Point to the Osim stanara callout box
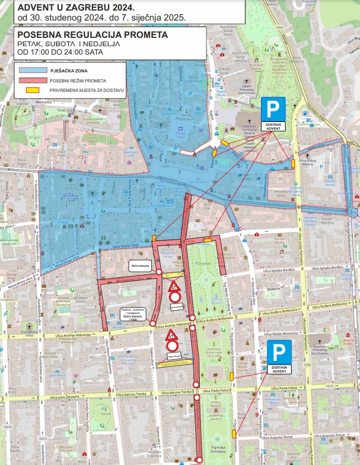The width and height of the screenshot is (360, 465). pyautogui.click(x=140, y=265)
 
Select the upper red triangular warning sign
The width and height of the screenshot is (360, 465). pyautogui.click(x=174, y=287)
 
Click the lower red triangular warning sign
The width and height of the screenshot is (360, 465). pyautogui.click(x=171, y=335)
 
